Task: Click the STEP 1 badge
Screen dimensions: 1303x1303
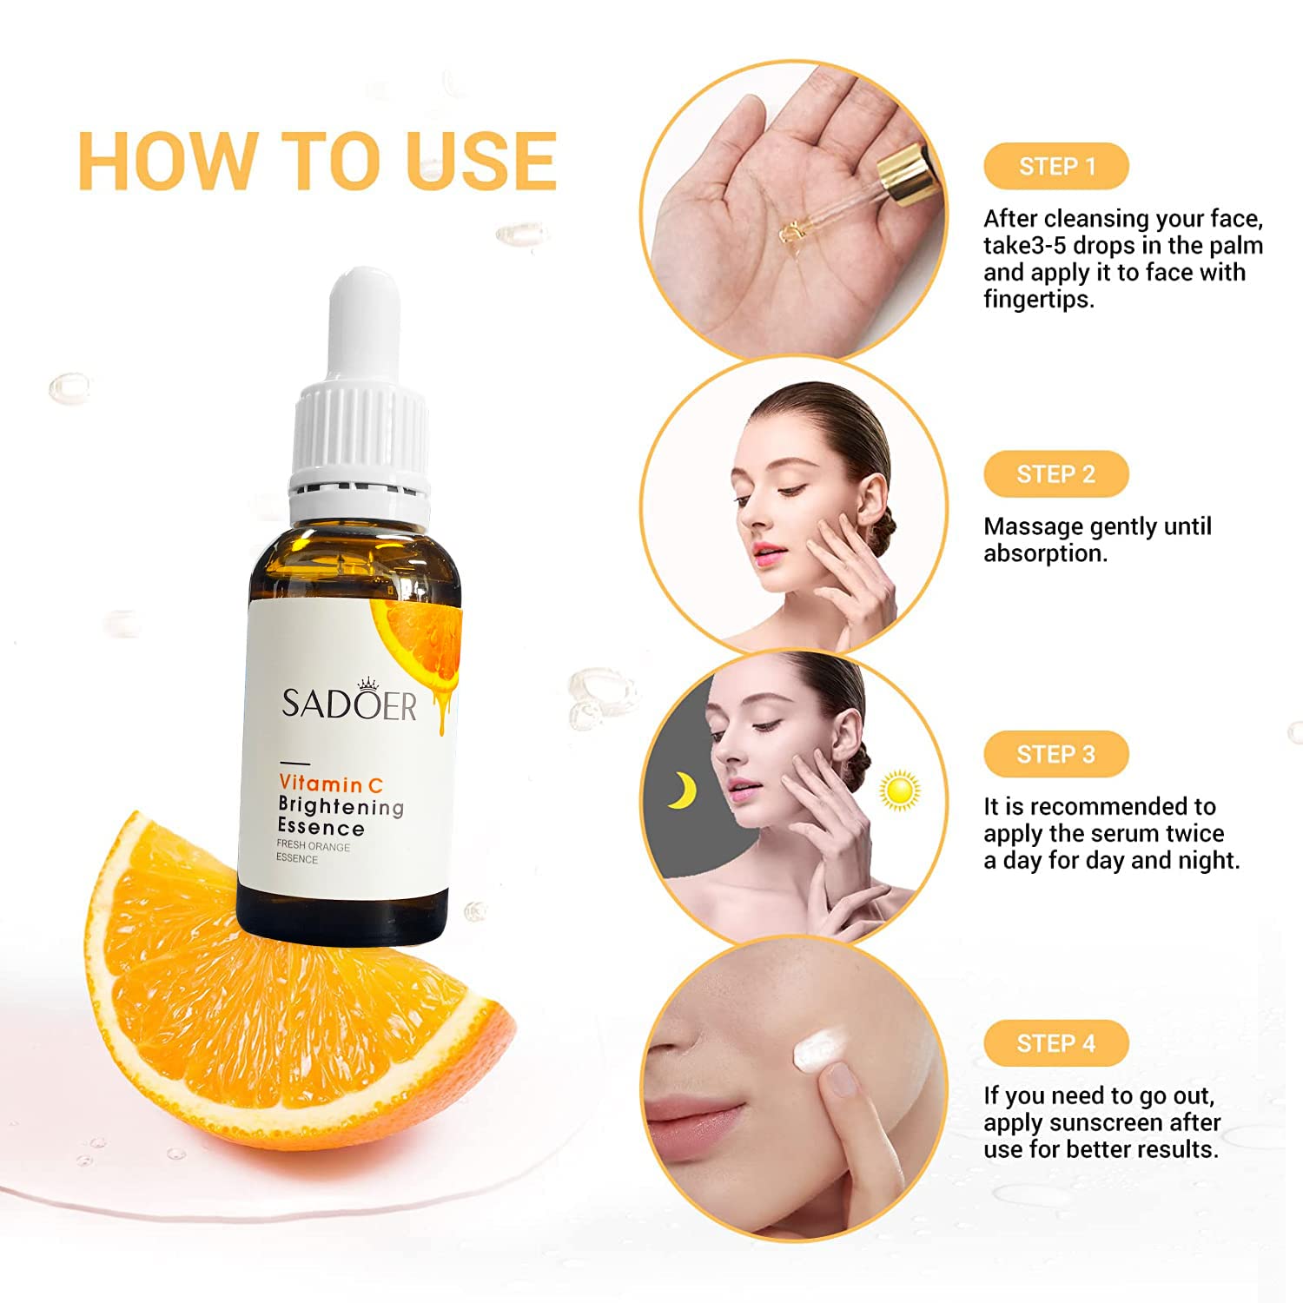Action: click(x=1055, y=166)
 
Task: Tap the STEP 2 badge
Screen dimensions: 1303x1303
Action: click(x=1055, y=474)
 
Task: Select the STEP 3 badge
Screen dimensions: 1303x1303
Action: click(x=1055, y=754)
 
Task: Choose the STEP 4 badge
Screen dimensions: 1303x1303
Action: click(x=1055, y=1043)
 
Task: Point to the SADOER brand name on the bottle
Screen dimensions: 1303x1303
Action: click(x=349, y=704)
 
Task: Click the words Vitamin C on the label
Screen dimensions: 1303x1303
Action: click(x=331, y=784)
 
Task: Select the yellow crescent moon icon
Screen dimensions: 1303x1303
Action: click(x=682, y=790)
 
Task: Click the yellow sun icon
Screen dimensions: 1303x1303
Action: click(x=899, y=790)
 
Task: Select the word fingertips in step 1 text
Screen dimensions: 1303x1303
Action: click(x=1039, y=300)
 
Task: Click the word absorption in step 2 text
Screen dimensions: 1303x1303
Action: click(x=1046, y=554)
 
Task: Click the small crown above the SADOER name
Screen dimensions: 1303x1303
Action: click(x=370, y=681)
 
